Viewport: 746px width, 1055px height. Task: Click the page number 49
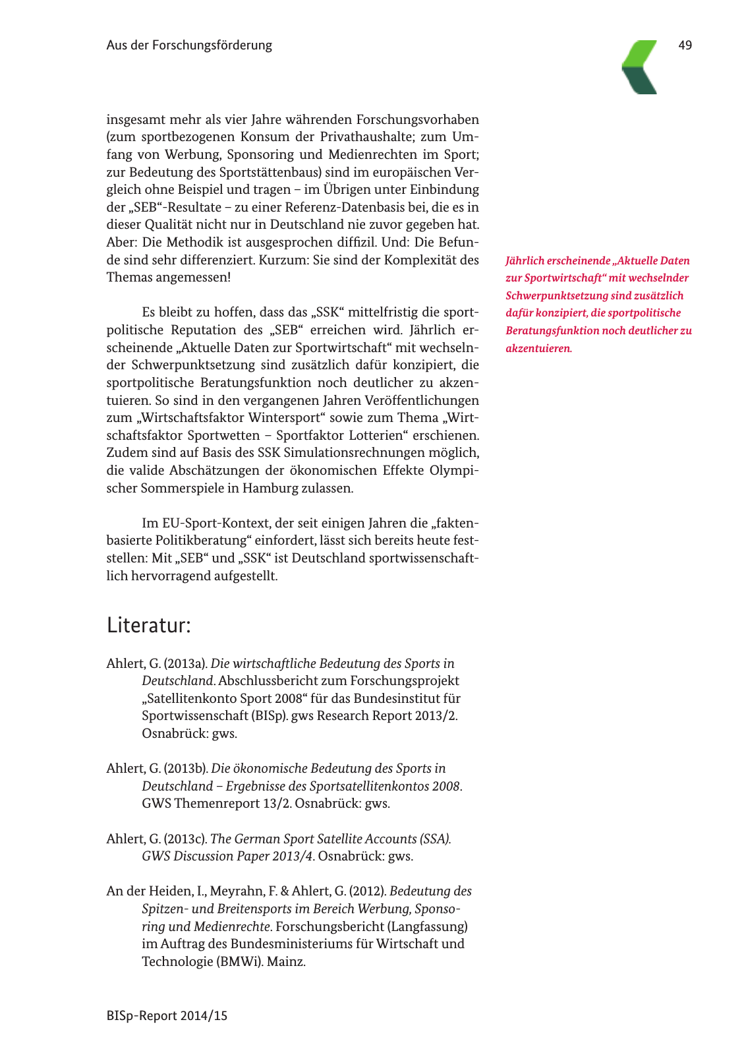685,45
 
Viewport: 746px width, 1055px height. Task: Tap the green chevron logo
640,67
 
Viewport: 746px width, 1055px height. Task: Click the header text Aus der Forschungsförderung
189,45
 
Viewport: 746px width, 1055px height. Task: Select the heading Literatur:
149,624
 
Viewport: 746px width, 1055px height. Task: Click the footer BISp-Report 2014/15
167,1015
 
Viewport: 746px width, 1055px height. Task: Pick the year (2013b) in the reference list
186,768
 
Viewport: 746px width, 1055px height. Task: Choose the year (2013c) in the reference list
186,839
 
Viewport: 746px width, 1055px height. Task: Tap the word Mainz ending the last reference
286,961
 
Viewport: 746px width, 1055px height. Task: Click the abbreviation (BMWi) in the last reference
239,961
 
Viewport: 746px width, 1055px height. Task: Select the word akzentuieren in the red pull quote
538,348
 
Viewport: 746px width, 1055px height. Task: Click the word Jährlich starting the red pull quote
525,260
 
